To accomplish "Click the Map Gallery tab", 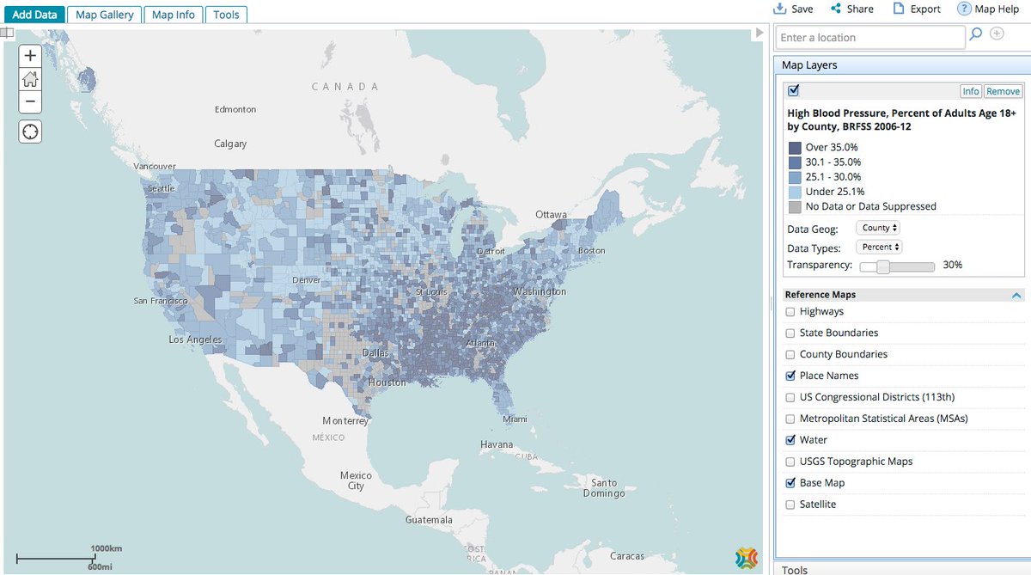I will (104, 15).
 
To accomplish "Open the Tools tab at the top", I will (226, 15).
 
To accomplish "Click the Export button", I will (917, 9).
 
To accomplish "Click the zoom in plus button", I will (30, 55).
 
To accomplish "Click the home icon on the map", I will (30, 79).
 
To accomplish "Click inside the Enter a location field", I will (869, 38).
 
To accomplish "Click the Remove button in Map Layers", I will (1003, 91).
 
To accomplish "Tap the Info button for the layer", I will (970, 91).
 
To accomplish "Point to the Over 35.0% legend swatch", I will (795, 148).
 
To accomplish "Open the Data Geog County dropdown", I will (878, 228).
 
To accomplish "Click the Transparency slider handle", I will (882, 266).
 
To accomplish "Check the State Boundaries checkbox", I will (790, 333).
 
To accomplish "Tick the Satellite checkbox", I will (790, 505).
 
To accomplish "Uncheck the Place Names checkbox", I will (790, 376).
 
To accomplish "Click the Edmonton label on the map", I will (235, 109).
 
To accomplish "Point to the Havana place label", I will (497, 444).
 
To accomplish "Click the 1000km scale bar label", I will (106, 547).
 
